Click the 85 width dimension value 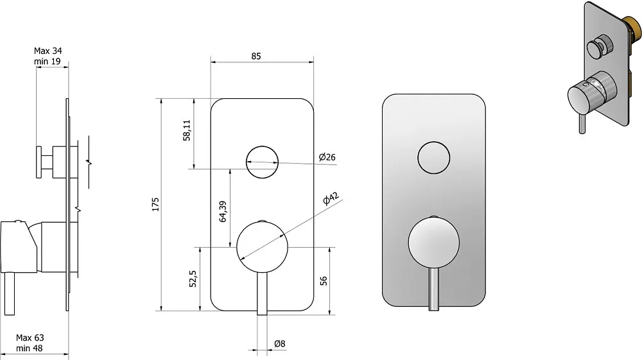256,56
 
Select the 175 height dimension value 155,204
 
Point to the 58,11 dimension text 187,130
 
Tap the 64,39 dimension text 223,212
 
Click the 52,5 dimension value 193,279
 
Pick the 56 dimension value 324,280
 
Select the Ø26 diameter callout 327,157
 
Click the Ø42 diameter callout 331,198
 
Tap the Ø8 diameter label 280,344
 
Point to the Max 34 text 48,51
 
